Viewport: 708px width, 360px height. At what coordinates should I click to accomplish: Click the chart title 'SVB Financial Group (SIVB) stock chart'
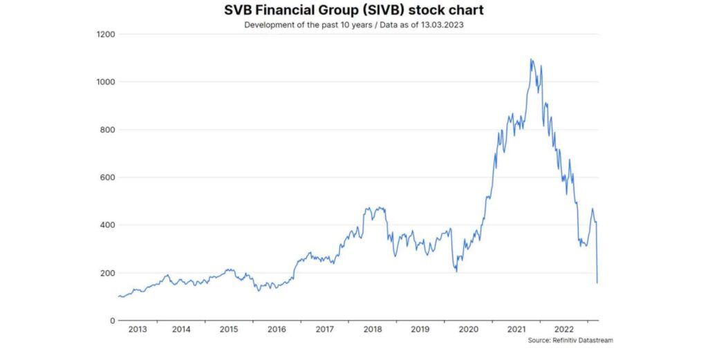click(x=353, y=11)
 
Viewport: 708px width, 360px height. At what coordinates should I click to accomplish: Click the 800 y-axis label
click(x=107, y=130)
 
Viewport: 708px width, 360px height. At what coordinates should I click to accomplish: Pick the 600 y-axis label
click(x=107, y=178)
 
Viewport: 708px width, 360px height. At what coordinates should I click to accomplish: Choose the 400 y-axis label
click(x=107, y=225)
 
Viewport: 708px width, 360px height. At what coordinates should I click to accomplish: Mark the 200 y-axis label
click(x=107, y=273)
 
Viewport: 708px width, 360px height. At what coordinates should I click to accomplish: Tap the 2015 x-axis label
click(x=229, y=330)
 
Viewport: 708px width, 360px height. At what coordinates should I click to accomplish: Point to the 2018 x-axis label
click(x=373, y=330)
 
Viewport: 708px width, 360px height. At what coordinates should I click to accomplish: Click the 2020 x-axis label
click(x=469, y=330)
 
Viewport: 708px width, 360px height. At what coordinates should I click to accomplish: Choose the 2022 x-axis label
click(x=565, y=330)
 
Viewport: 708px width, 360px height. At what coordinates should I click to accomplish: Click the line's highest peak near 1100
click(x=531, y=59)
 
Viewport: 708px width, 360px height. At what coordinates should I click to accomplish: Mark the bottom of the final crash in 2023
click(x=597, y=283)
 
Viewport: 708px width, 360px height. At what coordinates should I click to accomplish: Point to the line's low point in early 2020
click(x=456, y=270)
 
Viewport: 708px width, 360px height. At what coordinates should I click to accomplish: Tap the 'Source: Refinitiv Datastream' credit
click(x=570, y=341)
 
